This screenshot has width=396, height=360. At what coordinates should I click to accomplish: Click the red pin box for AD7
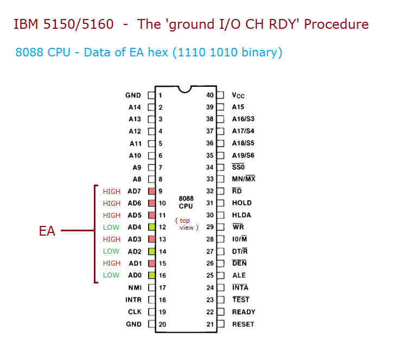click(152, 191)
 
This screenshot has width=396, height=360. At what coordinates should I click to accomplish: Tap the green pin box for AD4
click(152, 227)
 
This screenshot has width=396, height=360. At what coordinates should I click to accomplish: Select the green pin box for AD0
click(152, 275)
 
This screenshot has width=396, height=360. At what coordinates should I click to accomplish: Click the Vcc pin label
click(238, 96)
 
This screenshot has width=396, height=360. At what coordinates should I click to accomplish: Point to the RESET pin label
click(242, 324)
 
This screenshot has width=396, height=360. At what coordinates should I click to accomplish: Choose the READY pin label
click(243, 312)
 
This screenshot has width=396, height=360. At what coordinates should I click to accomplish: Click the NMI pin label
click(135, 287)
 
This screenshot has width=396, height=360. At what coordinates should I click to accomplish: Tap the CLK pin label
click(135, 312)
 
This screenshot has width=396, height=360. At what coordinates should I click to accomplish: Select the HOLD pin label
click(241, 203)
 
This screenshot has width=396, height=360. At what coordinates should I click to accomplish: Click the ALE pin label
click(239, 275)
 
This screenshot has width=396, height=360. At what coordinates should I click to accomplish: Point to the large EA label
click(47, 231)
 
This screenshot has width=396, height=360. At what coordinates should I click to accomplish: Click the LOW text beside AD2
click(111, 251)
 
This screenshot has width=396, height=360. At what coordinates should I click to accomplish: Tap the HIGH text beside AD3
click(112, 239)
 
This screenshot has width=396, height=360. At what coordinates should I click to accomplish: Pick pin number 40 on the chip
click(210, 95)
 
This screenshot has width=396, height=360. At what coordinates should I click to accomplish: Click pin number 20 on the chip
click(162, 324)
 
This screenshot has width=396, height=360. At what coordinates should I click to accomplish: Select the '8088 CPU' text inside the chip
click(186, 203)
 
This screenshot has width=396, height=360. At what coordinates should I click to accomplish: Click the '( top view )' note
click(186, 224)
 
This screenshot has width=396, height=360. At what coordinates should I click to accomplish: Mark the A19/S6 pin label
click(243, 155)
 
